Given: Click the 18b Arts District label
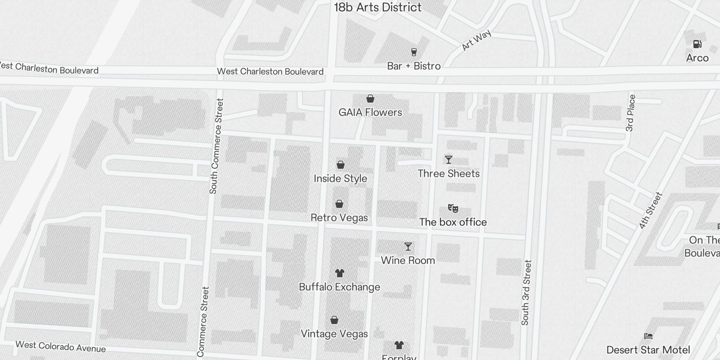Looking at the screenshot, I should coord(378,7).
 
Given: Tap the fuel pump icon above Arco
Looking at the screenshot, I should coord(697,44).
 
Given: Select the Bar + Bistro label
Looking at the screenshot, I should coord(414,66).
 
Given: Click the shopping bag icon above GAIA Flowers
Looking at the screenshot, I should coord(370,99).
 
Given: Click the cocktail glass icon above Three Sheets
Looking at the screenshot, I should coord(448,160).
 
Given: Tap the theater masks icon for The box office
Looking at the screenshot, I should coord(453,208).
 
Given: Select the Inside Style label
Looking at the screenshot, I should coord(340,179).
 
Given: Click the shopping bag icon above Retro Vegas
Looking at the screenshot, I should coord(339,204).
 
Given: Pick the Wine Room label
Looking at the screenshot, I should coord(408,261).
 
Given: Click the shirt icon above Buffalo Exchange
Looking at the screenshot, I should coord(340,273).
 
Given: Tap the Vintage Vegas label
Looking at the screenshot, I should coord(334,334).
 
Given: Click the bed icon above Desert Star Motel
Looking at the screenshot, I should coord(648,336).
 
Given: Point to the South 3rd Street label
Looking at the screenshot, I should coord(526,292).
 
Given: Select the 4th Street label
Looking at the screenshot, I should coord(651,211).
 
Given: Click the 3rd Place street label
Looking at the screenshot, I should coord(630,113).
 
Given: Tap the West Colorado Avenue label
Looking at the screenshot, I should coord(60,346).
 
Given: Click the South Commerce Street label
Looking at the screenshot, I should coord(216,146).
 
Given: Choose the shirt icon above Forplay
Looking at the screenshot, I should coord(399,345).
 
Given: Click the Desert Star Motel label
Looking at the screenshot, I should coord(648,350).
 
